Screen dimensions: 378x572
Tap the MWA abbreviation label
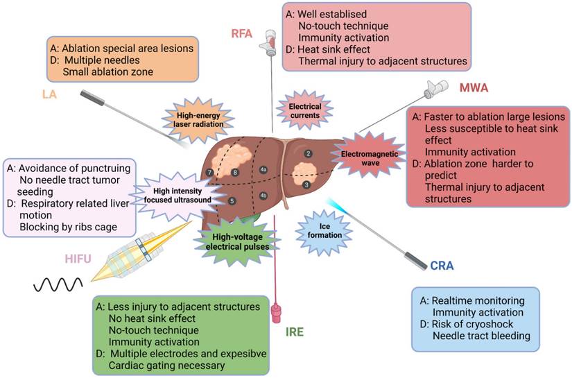[474, 89]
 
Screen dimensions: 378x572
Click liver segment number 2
[309, 153]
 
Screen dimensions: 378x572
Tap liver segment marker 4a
[263, 169]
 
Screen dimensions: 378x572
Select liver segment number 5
[232, 200]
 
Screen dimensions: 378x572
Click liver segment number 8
[235, 172]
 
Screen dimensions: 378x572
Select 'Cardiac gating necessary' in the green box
[168, 366]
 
